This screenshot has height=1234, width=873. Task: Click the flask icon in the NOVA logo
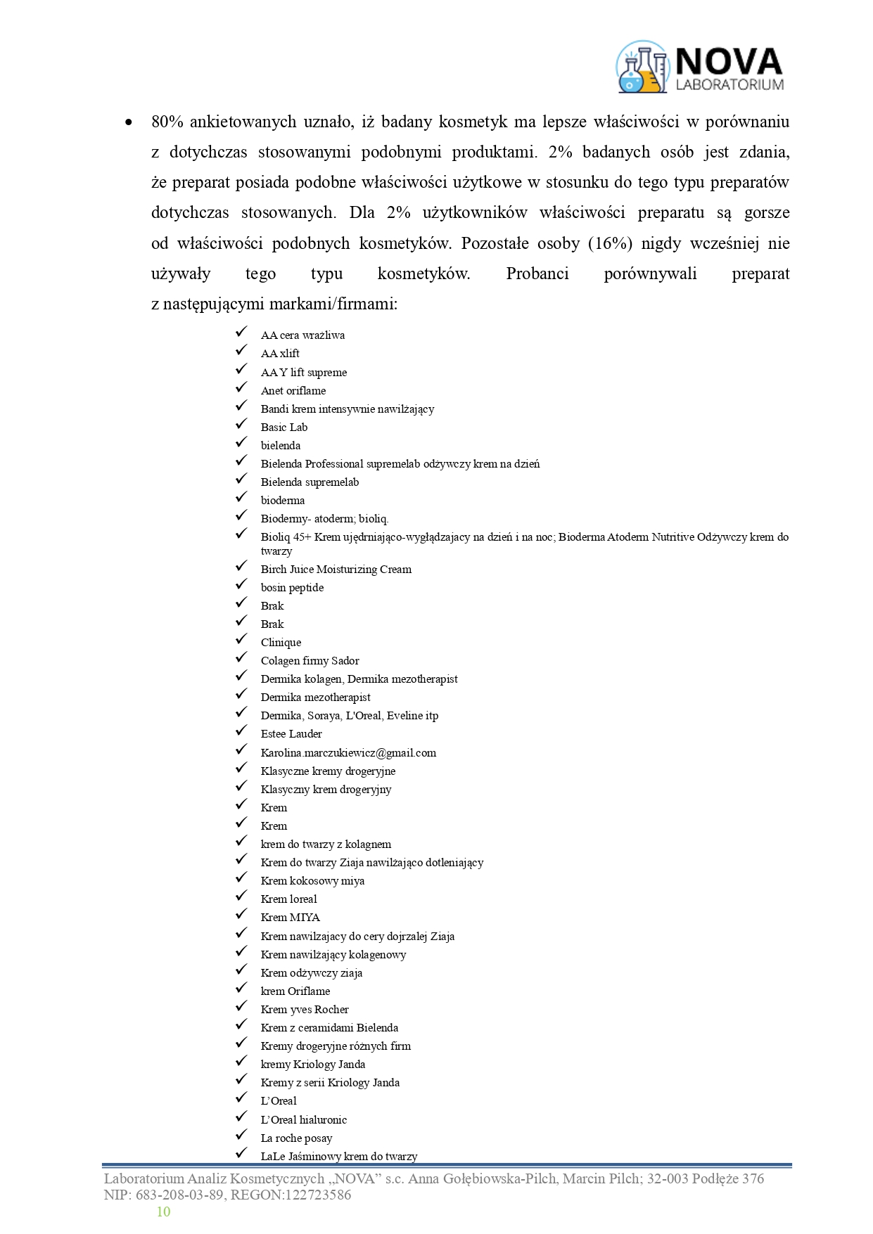point(642,68)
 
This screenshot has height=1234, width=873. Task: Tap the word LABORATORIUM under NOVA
point(729,84)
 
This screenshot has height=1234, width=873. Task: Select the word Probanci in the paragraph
point(537,274)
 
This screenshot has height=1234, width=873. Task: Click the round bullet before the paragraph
point(128,122)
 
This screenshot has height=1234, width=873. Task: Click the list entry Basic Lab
point(284,428)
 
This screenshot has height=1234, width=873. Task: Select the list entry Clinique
point(281,643)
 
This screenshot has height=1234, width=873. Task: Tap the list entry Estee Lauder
point(291,734)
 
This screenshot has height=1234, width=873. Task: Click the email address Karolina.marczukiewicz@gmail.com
point(348,753)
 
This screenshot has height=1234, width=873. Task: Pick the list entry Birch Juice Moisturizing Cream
point(336,570)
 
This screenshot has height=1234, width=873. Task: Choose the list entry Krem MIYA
point(290,918)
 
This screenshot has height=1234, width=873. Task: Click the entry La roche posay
point(296,1138)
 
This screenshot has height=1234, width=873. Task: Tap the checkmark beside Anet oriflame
point(241,387)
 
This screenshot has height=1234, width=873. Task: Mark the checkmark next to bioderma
point(241,497)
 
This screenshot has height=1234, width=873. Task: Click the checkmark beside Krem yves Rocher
point(241,1006)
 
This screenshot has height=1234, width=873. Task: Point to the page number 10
point(163,1211)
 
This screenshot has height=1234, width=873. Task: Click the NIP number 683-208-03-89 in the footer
point(178,1195)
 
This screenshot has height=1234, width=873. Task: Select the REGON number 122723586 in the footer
point(317,1195)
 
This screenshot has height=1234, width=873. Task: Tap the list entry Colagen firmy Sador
point(310,661)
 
